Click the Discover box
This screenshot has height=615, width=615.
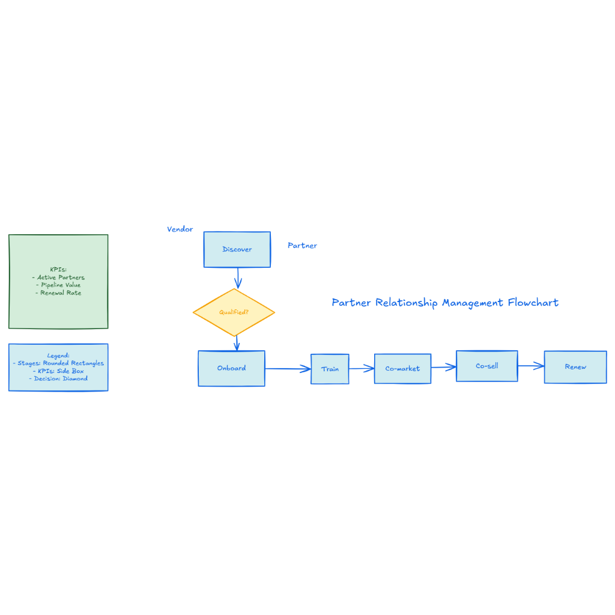[x=237, y=249]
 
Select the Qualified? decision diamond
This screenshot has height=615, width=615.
[x=234, y=312]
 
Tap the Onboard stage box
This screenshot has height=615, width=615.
[x=231, y=368]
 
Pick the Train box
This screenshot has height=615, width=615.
[x=330, y=369]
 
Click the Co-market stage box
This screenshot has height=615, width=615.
[x=402, y=368]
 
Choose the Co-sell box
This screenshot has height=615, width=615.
[x=486, y=366]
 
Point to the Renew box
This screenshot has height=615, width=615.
[x=575, y=367]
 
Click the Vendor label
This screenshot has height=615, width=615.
[x=180, y=229]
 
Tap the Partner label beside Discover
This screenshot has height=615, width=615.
[x=302, y=245]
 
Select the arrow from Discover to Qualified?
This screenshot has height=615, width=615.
[x=238, y=277]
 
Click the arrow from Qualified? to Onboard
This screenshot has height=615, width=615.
[x=237, y=342]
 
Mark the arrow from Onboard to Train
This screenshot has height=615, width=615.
[x=288, y=369]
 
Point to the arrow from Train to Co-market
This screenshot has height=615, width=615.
[x=362, y=369]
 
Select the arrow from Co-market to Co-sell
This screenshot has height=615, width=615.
[x=443, y=367]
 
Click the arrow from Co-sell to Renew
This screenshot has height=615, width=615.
[x=530, y=366]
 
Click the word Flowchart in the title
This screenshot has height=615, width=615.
[x=533, y=302]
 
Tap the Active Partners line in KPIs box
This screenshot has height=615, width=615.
[x=58, y=277]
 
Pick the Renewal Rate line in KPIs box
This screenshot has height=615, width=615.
[x=58, y=292]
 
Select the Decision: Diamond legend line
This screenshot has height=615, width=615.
[x=58, y=378]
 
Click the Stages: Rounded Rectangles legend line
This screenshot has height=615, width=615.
[x=58, y=363]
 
